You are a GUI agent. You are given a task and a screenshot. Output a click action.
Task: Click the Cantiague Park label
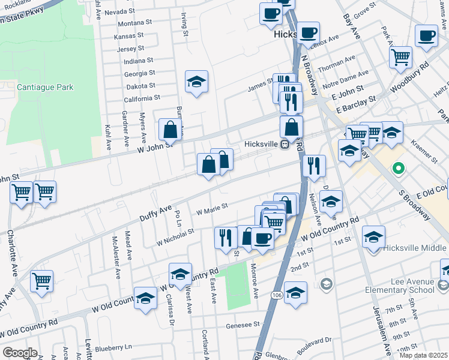45,87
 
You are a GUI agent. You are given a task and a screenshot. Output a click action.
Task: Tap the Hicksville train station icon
286,144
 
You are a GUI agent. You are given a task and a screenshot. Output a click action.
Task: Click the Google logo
19,353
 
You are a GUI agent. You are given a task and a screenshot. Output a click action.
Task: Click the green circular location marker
397,169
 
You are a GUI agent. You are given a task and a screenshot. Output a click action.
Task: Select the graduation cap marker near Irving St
196,82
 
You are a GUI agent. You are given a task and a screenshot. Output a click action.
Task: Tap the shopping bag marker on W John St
170,130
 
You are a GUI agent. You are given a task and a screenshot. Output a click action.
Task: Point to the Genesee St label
243,324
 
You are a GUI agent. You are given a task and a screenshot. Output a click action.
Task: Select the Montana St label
135,23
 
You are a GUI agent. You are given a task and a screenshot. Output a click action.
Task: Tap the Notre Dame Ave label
345,77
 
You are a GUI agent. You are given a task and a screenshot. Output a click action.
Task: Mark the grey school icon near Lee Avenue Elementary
327,283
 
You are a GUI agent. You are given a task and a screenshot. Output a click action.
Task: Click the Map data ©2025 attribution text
423,355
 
